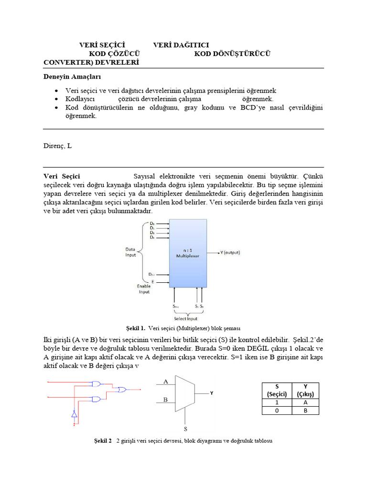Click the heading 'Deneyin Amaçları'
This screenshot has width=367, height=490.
click(x=72, y=77)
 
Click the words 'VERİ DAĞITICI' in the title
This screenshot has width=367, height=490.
click(x=181, y=45)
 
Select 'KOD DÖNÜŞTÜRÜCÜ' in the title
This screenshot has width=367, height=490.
click(x=232, y=54)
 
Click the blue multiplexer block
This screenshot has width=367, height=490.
click(x=188, y=253)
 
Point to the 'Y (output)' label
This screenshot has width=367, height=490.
click(x=229, y=253)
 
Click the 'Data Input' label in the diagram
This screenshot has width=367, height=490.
click(x=130, y=252)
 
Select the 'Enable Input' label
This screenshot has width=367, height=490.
click(x=144, y=289)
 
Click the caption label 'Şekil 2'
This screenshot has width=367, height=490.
click(x=103, y=441)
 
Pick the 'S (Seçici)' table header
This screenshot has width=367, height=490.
click(x=277, y=390)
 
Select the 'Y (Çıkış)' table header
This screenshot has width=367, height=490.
click(x=305, y=390)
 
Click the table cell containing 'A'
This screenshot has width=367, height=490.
click(x=305, y=403)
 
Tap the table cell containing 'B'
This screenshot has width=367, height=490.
click(x=305, y=411)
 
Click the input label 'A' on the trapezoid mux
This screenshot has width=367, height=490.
click(x=166, y=382)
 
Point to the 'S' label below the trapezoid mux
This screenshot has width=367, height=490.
click(x=185, y=429)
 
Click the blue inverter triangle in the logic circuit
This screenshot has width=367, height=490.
click(x=74, y=414)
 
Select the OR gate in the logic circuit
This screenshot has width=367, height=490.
click(x=122, y=390)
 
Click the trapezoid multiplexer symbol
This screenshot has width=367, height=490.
click(x=185, y=393)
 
